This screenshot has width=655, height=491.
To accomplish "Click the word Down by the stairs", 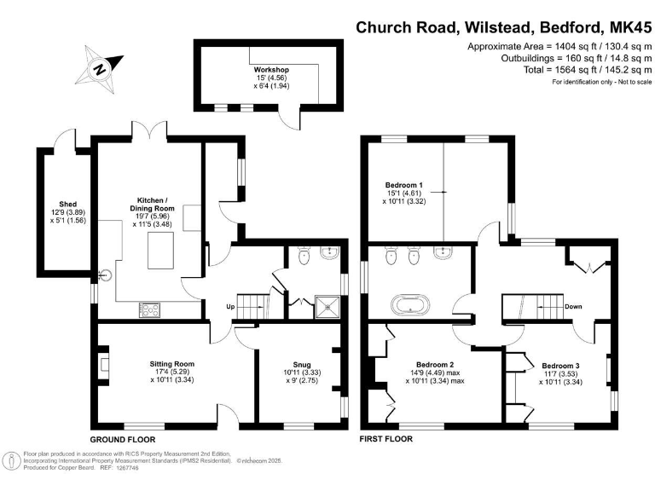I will point(574,306).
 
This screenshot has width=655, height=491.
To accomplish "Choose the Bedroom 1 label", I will point(404,185).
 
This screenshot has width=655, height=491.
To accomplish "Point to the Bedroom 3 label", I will point(559,364).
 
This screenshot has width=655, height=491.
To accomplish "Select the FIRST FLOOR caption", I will point(386,439).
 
